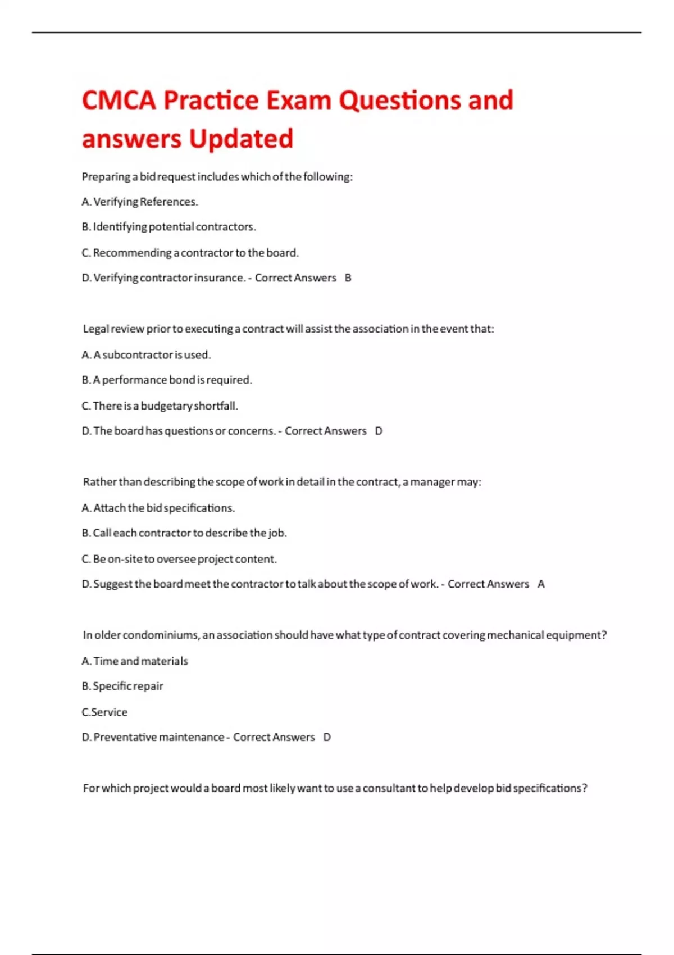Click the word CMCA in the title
coord(119,101)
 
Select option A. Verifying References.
coord(140,202)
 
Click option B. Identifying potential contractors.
coord(168,227)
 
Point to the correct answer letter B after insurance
coord(348,278)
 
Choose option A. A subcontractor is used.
coord(146,355)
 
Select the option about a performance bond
coord(167,380)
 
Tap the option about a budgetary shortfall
coord(160,406)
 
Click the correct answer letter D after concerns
coord(379,431)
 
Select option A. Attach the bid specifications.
coord(158,508)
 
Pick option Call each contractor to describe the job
coord(184,533)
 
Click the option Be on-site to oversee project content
coord(179,559)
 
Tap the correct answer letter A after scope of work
coord(541,584)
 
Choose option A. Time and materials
coord(135,661)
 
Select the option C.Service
coord(104,712)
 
